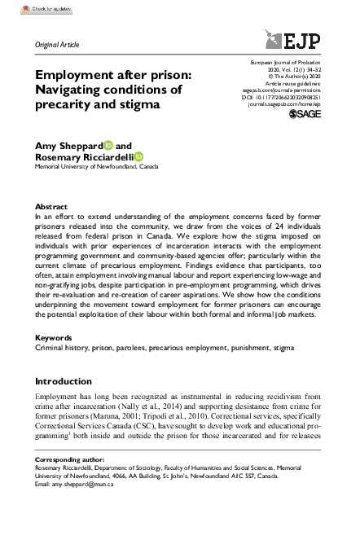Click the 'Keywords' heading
click(x=52, y=337)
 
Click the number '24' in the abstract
click(x=260, y=229)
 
